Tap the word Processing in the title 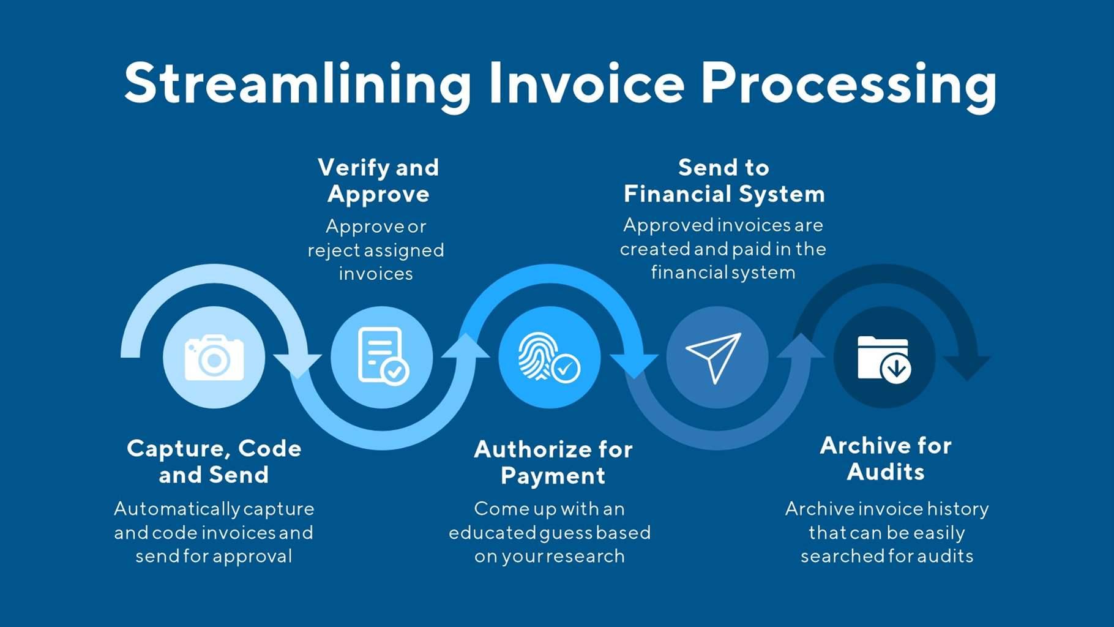(x=848, y=84)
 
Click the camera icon (x=214, y=358)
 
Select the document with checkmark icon (x=382, y=356)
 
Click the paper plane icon (x=714, y=356)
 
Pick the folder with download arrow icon (x=884, y=359)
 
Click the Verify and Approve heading (x=378, y=181)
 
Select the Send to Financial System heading (x=723, y=181)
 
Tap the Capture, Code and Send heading (x=214, y=462)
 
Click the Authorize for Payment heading (x=553, y=462)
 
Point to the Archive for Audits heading (x=885, y=459)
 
